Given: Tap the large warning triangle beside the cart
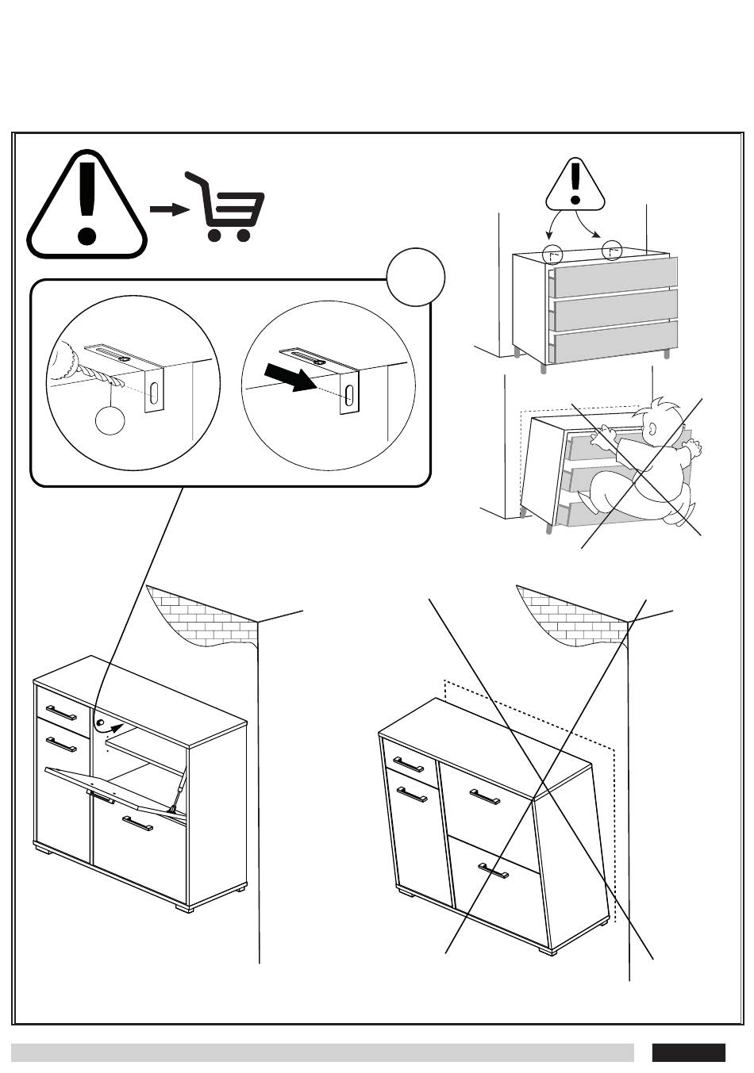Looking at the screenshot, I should pyautogui.click(x=87, y=208).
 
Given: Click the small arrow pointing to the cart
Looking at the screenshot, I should pyautogui.click(x=169, y=209).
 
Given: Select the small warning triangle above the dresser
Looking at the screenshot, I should pyautogui.click(x=575, y=185).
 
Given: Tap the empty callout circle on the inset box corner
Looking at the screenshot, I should pyautogui.click(x=416, y=277).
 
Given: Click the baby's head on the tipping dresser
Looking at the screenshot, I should pyautogui.click(x=663, y=424).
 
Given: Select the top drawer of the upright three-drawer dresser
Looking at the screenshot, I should pyautogui.click(x=615, y=277).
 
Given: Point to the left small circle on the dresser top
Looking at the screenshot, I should pyautogui.click(x=552, y=255).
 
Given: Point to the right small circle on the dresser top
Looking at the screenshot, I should pyautogui.click(x=612, y=251).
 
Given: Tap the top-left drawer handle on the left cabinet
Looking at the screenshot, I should pyautogui.click(x=61, y=711).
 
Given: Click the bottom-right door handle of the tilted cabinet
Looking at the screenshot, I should pyautogui.click(x=494, y=872).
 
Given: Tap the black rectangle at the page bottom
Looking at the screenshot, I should pyautogui.click(x=688, y=1052).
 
